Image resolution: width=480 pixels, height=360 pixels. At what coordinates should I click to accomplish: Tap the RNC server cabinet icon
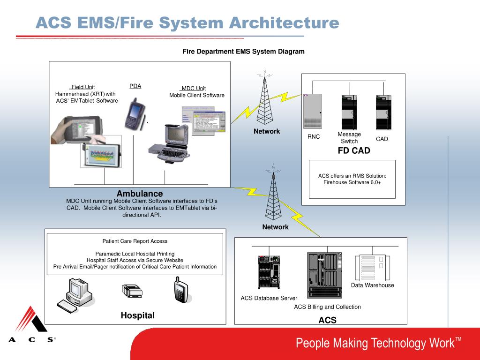313,111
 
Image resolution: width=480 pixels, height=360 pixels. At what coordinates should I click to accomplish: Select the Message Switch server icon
349,112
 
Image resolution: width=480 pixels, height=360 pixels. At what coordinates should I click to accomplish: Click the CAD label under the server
382,139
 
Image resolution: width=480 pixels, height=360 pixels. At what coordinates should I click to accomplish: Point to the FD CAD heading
354,150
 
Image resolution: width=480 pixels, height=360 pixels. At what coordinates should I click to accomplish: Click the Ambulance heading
140,194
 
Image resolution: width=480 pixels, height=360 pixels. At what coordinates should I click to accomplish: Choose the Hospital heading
137,315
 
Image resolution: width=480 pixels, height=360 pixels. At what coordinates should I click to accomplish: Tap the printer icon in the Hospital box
133,291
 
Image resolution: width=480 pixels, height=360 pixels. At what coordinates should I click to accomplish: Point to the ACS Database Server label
269,298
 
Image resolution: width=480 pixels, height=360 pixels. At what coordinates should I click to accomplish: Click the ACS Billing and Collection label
327,307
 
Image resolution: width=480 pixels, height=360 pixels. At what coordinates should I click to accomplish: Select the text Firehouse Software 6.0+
352,182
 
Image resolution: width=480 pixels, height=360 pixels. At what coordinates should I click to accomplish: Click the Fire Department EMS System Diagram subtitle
243,52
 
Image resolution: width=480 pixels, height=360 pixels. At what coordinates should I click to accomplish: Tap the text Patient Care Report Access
135,241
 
